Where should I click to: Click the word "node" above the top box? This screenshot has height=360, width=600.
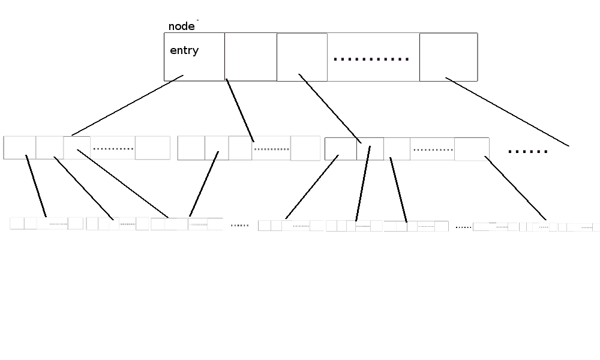(x=181, y=26)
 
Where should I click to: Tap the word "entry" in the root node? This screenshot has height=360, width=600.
(x=184, y=50)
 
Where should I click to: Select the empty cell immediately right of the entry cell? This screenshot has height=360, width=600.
(x=251, y=56)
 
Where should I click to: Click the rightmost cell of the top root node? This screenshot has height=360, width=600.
(x=448, y=57)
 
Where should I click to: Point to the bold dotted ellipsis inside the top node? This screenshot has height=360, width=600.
(x=371, y=59)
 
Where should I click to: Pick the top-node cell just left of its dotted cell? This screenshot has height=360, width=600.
(x=302, y=57)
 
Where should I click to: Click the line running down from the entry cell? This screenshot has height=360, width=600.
(x=127, y=105)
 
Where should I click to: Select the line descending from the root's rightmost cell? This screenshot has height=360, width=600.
(x=507, y=112)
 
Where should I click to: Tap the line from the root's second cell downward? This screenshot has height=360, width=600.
(x=240, y=110)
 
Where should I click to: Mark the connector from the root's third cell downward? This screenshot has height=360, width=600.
(x=330, y=108)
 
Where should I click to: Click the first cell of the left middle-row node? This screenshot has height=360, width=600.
(x=20, y=147)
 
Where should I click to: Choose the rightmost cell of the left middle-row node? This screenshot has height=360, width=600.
(x=152, y=148)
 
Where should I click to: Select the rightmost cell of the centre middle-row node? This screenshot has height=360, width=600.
(x=305, y=148)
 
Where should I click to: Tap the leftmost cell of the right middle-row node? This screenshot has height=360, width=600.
(x=341, y=149)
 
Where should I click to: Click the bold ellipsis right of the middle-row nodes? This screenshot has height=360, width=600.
(x=527, y=152)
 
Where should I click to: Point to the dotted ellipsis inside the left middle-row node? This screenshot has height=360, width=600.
(x=113, y=149)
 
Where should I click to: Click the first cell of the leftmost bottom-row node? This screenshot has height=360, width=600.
(x=17, y=223)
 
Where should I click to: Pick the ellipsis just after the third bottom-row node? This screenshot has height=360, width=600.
(x=240, y=226)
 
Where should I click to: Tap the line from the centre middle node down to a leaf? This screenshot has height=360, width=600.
(x=204, y=184)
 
